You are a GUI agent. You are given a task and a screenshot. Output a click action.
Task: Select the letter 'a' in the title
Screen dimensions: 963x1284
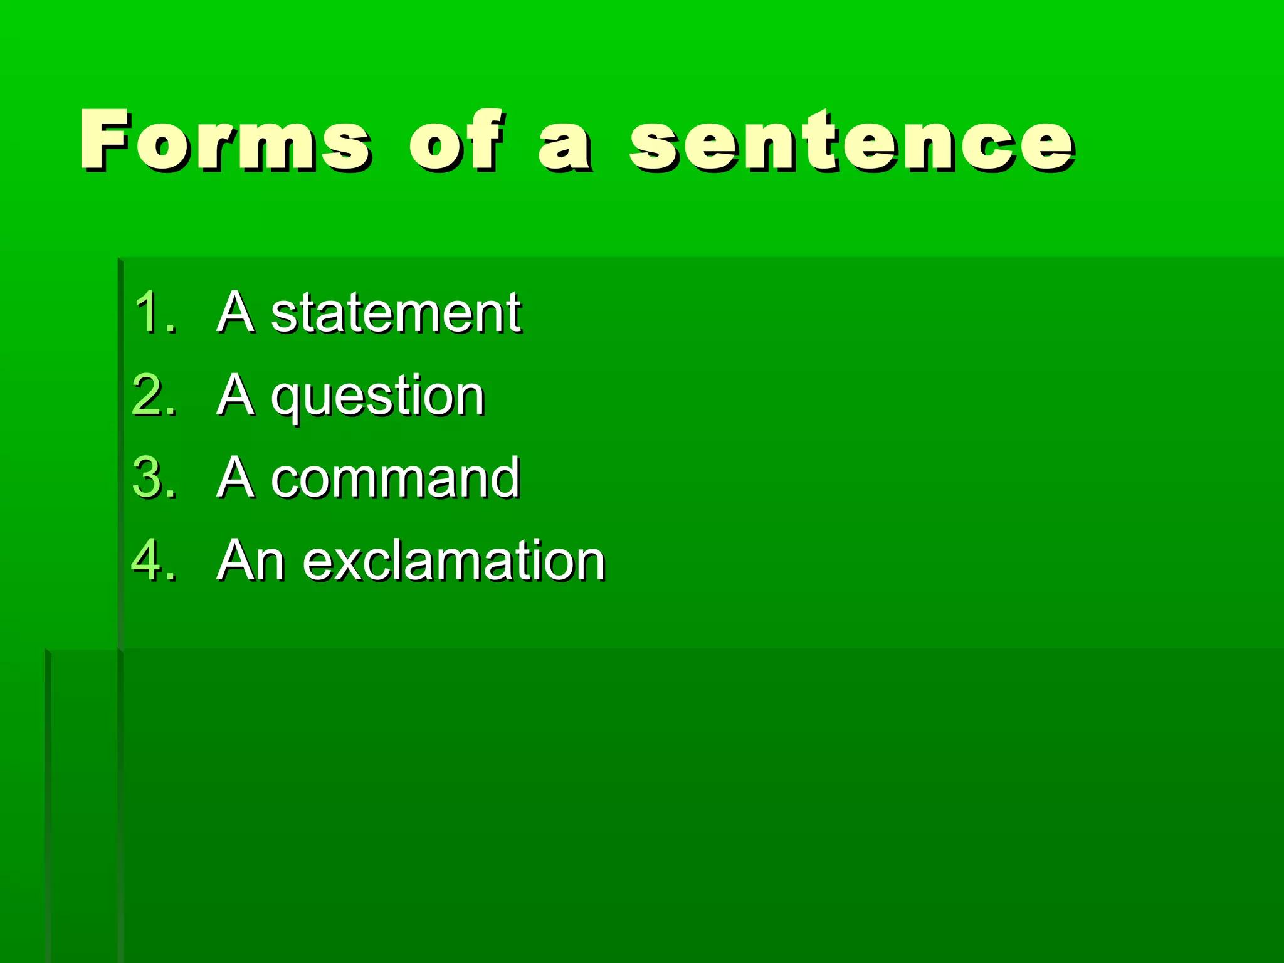point(564,145)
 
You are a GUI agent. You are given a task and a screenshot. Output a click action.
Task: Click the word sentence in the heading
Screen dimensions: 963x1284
point(853,142)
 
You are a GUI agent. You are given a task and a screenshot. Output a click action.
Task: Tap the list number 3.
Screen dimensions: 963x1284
point(154,478)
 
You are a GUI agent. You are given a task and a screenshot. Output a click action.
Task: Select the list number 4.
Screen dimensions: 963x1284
point(154,560)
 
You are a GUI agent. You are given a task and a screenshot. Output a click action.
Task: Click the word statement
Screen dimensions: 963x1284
point(396,313)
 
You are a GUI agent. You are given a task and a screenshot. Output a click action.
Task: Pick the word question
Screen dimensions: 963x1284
point(378,396)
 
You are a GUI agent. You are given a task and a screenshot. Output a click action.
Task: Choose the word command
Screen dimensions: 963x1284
point(396,478)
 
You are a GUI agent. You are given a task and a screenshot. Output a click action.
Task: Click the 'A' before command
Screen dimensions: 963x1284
point(236,478)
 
